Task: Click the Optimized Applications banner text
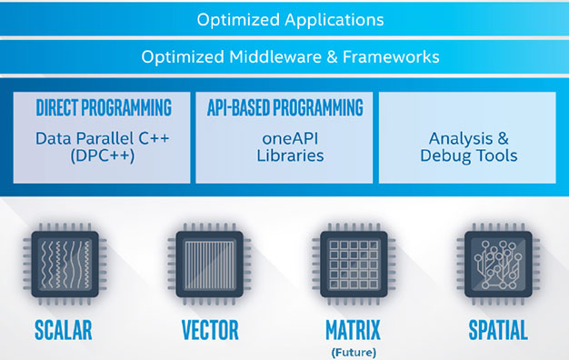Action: [x=290, y=19]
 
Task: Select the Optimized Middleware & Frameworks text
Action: [x=290, y=57]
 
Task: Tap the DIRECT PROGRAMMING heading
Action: [x=104, y=108]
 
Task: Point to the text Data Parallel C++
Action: [x=103, y=139]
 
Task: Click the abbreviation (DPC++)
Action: [x=103, y=155]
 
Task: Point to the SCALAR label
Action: [x=65, y=328]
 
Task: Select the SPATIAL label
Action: [x=498, y=328]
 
